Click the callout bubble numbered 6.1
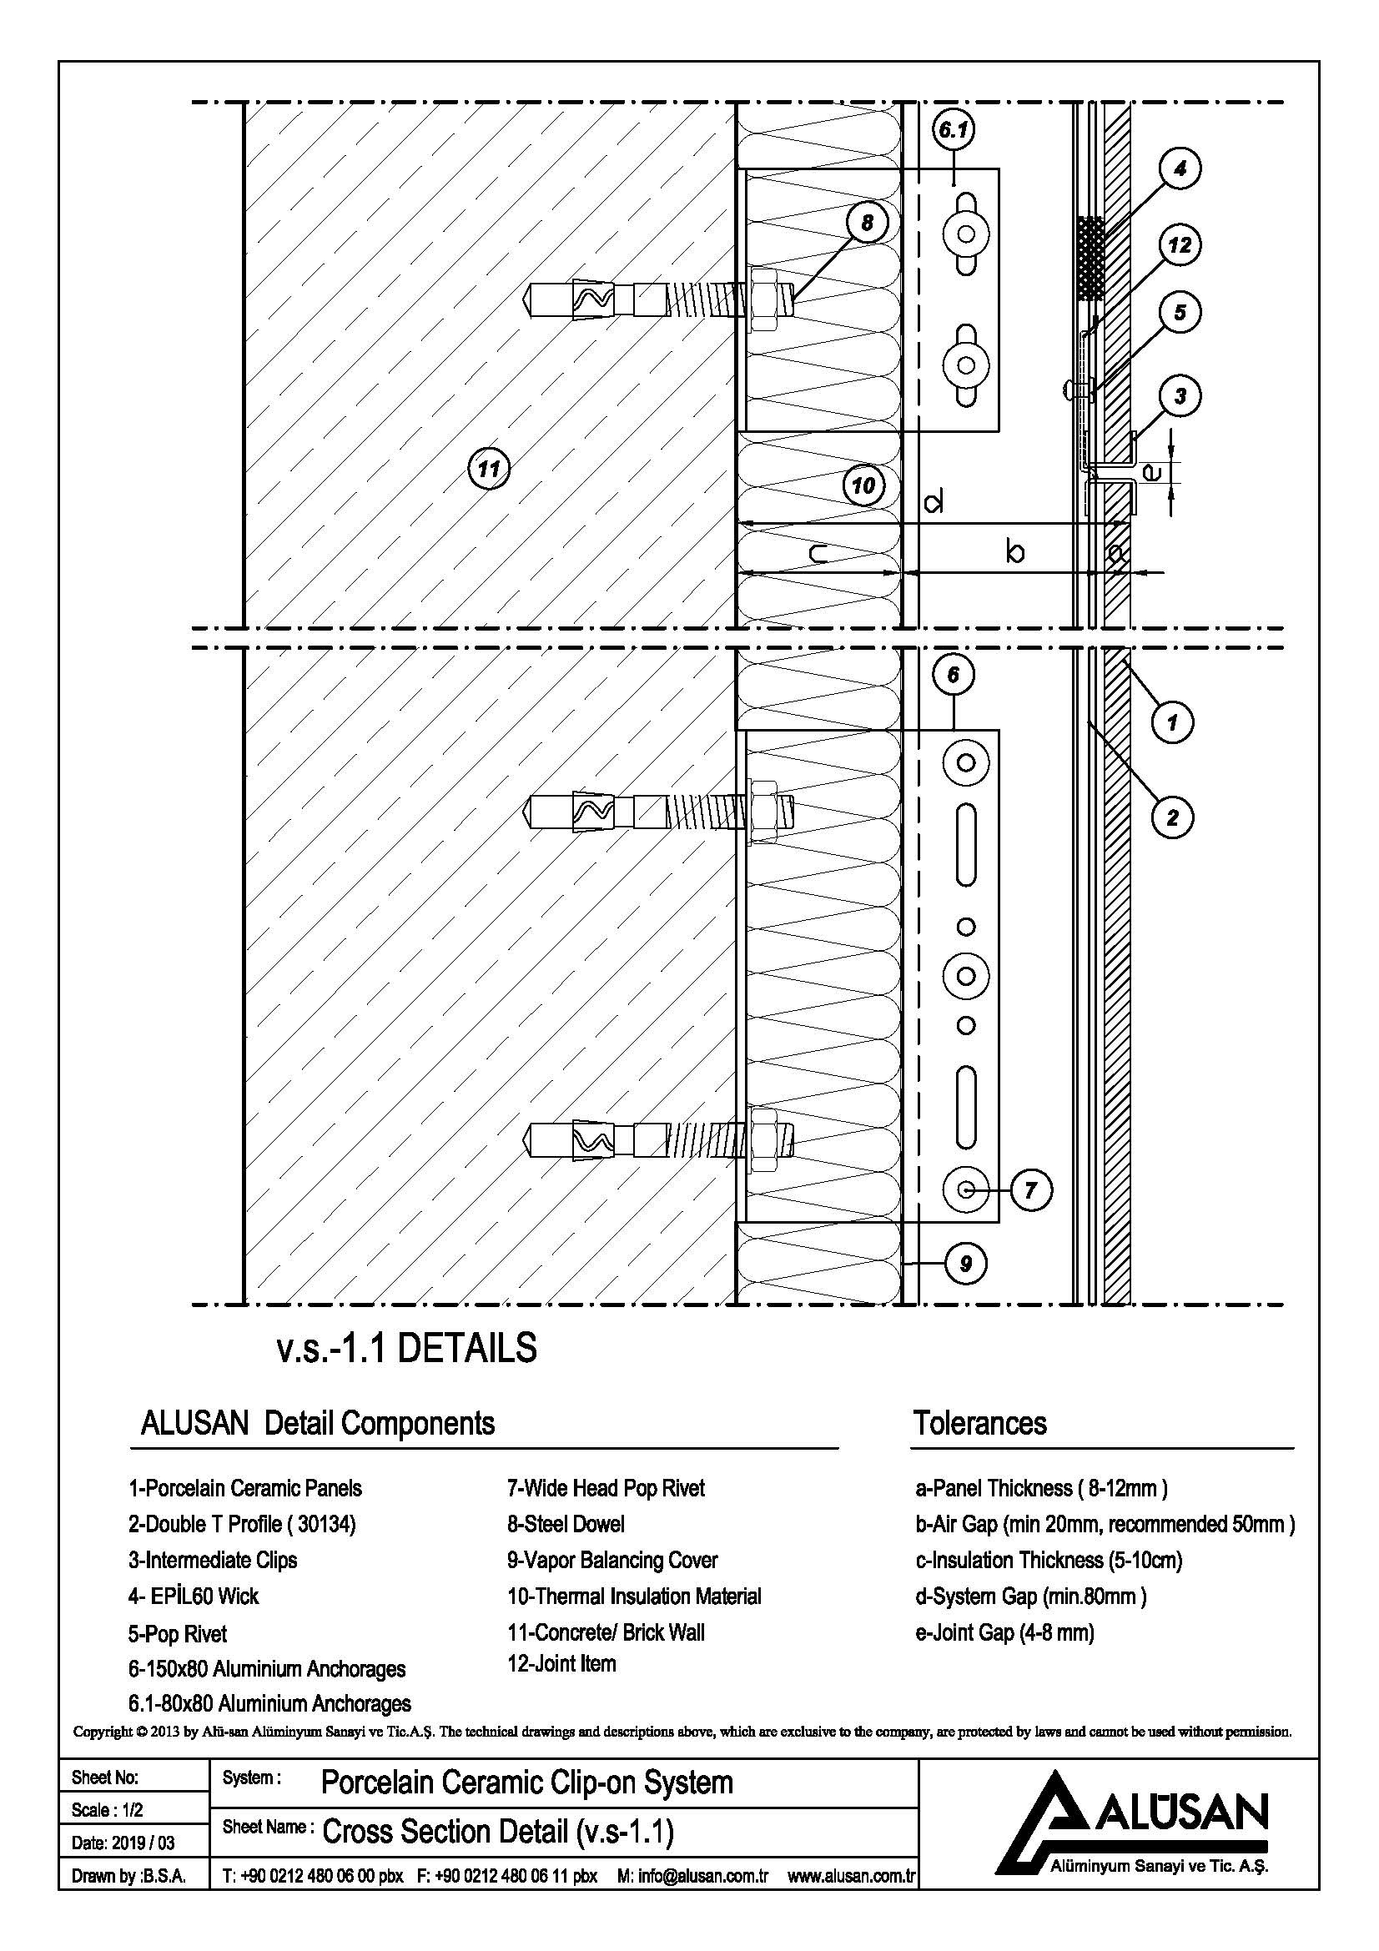[x=954, y=131]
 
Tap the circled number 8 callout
[x=867, y=223]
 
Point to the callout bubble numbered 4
[x=1180, y=169]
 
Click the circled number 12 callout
[x=1180, y=245]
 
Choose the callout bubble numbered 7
[x=1030, y=1190]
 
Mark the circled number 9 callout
[x=966, y=1265]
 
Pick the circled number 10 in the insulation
[x=863, y=486]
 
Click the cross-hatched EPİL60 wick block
[x=1091, y=259]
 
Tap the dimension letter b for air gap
[x=1014, y=552]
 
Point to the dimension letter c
[x=819, y=555]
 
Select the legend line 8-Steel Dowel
[x=566, y=1525]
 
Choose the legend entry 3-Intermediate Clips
[x=213, y=1560]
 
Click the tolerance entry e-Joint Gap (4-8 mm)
[x=1004, y=1632]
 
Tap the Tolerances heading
[x=979, y=1423]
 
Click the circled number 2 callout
[x=1173, y=817]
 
